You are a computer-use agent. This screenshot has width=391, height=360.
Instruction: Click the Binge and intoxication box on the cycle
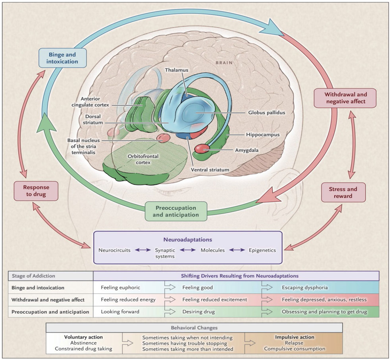click(x=63, y=58)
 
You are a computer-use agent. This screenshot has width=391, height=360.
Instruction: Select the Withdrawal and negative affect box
click(x=345, y=98)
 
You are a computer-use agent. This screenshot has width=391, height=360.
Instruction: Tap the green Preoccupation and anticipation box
click(x=176, y=211)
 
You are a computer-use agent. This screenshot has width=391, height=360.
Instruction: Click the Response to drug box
click(x=36, y=191)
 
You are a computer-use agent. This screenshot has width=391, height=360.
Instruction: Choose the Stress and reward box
click(x=343, y=192)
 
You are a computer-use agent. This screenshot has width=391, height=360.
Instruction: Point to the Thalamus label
click(x=177, y=70)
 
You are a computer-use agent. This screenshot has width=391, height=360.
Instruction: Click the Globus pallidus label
click(x=267, y=112)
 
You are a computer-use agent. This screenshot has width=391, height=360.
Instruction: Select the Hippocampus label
click(x=263, y=135)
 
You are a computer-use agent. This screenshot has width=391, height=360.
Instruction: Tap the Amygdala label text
click(x=247, y=150)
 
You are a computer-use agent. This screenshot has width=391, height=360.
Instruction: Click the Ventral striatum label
click(x=210, y=170)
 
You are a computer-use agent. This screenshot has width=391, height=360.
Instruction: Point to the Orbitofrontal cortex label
click(x=143, y=159)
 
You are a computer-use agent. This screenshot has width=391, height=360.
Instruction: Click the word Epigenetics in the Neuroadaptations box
click(x=262, y=250)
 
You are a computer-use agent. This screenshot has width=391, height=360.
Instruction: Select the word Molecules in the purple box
click(x=213, y=250)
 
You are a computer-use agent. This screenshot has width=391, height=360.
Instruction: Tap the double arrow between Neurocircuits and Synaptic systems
click(x=143, y=250)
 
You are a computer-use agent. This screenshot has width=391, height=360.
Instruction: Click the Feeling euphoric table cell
click(x=129, y=288)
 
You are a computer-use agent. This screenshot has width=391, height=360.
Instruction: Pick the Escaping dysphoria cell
click(x=320, y=288)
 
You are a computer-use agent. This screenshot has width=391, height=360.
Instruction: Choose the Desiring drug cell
click(x=213, y=312)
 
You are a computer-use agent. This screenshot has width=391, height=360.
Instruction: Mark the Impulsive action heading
click(x=295, y=337)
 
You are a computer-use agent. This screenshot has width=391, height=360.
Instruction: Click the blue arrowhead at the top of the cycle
click(x=274, y=28)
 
